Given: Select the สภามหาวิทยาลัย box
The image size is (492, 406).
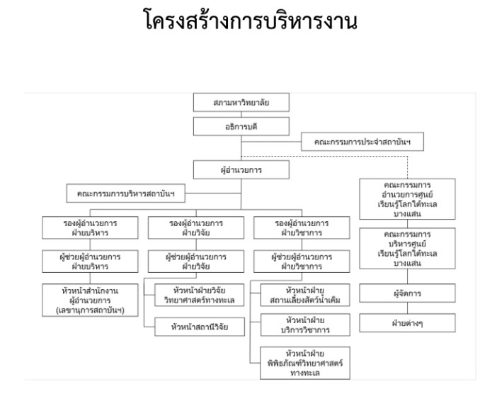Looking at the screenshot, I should tap(241, 103).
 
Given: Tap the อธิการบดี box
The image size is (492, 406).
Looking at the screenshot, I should tap(241, 126).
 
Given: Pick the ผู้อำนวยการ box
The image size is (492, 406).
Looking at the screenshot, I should tap(241, 170).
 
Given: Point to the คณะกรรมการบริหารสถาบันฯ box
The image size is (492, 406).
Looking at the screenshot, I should tap(130, 193).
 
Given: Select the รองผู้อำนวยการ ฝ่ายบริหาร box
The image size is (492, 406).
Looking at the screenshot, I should tap(89, 227).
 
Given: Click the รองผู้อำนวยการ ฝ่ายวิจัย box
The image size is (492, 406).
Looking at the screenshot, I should tap(186, 227).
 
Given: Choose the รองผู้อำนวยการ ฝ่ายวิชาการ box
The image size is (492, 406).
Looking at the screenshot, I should tap(291, 227).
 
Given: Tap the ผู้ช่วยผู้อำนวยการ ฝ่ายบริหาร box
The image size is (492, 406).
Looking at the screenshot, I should tap(89, 261).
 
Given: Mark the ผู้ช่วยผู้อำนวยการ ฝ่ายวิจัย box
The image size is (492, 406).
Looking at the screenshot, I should tap(186, 261).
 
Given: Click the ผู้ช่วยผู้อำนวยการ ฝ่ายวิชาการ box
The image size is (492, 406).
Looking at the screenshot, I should tap(291, 261).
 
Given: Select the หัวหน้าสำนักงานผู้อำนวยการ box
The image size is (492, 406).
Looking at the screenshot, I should tap(89, 299).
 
